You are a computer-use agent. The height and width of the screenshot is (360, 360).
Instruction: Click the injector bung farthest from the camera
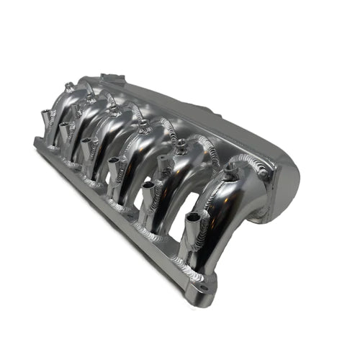47,114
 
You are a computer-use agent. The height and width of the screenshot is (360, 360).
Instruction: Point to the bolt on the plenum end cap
263,174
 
